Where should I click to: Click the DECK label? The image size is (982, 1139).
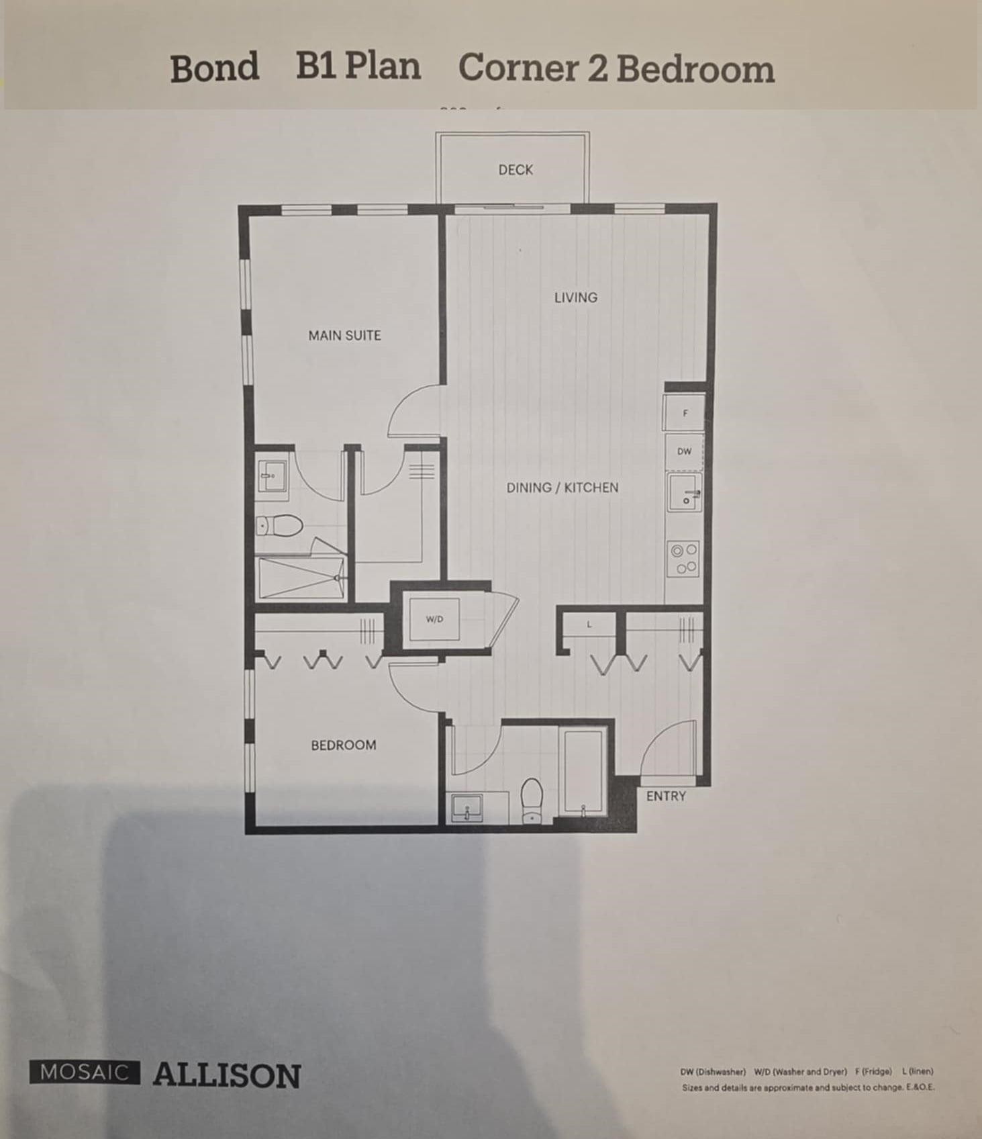click(515, 170)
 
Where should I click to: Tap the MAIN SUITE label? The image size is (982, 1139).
click(344, 335)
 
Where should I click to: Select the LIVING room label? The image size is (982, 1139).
click(575, 297)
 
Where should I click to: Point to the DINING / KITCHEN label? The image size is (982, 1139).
click(562, 488)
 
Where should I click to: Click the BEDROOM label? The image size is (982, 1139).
click(343, 745)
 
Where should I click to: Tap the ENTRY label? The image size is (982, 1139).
click(666, 796)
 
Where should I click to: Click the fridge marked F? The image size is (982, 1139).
click(684, 413)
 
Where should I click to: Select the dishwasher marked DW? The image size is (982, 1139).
click(684, 451)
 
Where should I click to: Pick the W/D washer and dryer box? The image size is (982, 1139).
click(435, 619)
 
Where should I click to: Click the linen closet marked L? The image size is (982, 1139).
click(589, 625)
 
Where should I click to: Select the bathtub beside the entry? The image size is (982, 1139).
click(585, 772)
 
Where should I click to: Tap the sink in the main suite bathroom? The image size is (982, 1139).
click(273, 476)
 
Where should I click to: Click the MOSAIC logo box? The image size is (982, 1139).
click(85, 1072)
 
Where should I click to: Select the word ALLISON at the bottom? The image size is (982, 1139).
click(226, 1075)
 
